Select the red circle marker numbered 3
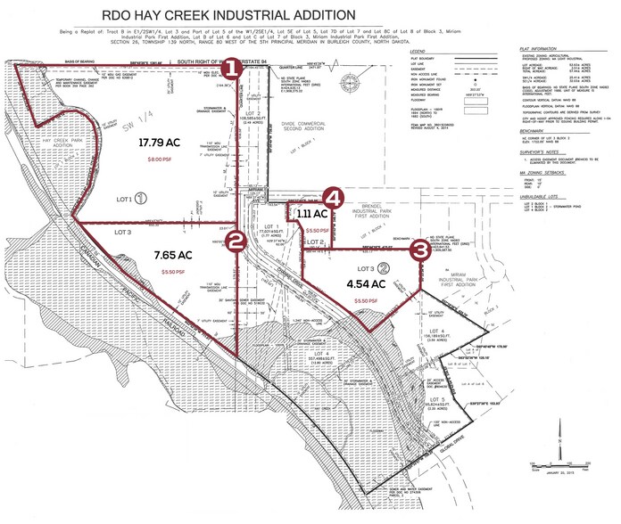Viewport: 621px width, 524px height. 418,251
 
